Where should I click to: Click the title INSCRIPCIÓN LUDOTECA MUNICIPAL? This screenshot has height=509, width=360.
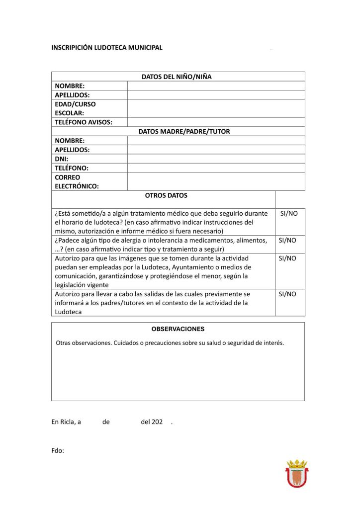(x=107, y=48)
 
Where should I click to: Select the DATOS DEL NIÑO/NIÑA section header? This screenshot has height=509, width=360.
(x=178, y=77)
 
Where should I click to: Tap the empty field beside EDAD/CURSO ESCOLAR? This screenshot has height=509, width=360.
(x=216, y=108)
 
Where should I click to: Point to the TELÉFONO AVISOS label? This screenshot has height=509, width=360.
(x=84, y=122)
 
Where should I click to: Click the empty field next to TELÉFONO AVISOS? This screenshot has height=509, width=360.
(x=216, y=122)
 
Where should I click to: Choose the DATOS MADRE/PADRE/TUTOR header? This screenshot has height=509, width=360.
(x=184, y=132)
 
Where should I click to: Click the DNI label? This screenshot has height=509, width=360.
(x=62, y=159)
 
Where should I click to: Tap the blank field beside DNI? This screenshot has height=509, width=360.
(x=216, y=159)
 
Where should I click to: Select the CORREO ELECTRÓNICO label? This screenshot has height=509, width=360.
(x=77, y=181)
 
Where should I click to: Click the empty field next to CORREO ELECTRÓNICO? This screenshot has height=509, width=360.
(x=216, y=181)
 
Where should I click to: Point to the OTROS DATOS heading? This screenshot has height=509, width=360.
(x=166, y=196)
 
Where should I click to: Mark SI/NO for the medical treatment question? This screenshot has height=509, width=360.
(x=289, y=213)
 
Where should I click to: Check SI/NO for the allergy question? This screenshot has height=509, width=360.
(x=287, y=240)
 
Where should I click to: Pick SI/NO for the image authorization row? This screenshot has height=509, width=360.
(x=287, y=258)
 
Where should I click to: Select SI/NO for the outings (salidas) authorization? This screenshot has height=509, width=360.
(x=287, y=294)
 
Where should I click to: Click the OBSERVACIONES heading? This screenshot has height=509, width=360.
(x=178, y=329)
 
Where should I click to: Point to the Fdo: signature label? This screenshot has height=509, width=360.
(x=58, y=451)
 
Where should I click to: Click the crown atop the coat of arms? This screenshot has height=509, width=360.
(x=296, y=464)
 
